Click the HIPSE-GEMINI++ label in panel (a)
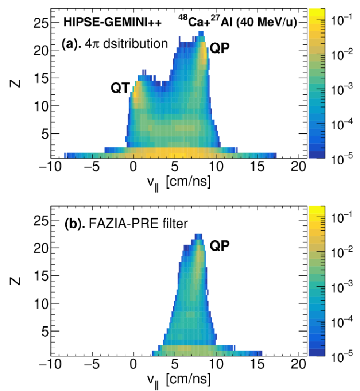113,22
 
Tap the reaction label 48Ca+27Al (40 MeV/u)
238,21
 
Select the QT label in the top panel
120,88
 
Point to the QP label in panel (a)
219,48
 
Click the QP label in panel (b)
219,246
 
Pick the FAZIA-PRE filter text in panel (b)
138,223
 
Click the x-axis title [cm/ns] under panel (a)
188,182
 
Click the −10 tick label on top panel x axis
50,166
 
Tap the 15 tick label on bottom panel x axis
257,364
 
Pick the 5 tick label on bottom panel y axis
45,331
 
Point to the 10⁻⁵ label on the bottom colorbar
342,356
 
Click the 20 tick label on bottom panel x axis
299,364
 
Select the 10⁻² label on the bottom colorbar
342,252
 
